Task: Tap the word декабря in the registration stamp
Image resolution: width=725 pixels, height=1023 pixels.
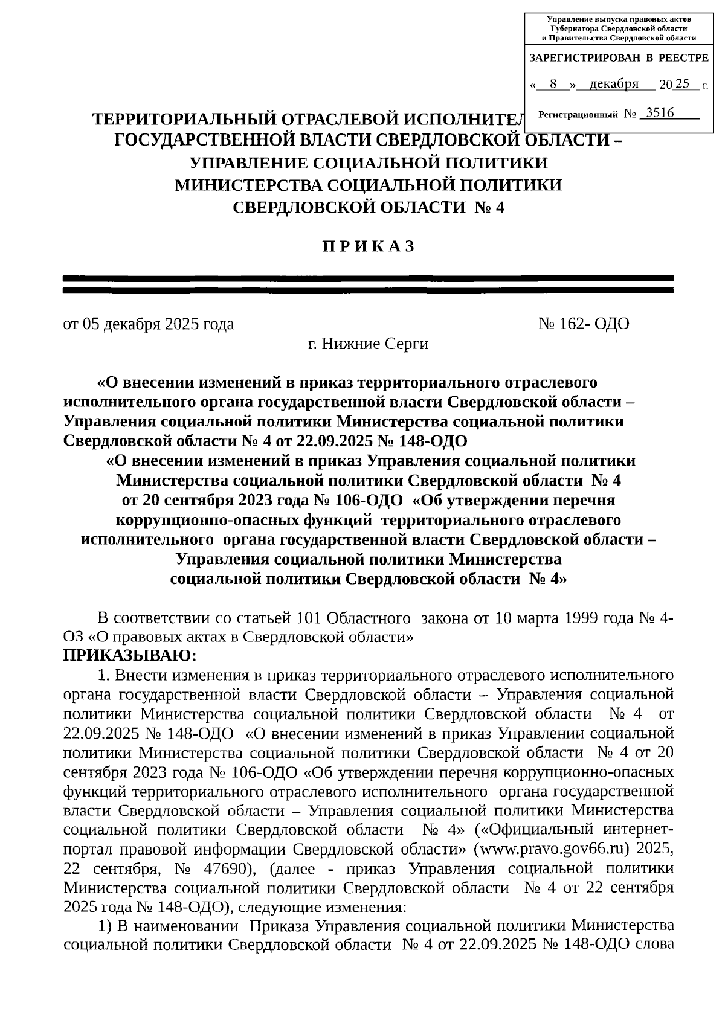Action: pos(614,84)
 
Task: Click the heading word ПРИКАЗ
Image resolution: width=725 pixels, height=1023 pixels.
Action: pos(368,246)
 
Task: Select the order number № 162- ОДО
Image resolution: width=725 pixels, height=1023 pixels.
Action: pos(584,324)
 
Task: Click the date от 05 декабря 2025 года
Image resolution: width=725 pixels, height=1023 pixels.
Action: pos(149,324)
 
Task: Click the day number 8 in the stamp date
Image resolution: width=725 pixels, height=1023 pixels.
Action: pos(553,84)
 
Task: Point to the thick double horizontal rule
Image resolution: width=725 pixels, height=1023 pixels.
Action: pos(368,284)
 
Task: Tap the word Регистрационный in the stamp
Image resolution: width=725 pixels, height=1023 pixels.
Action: pos(578,114)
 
